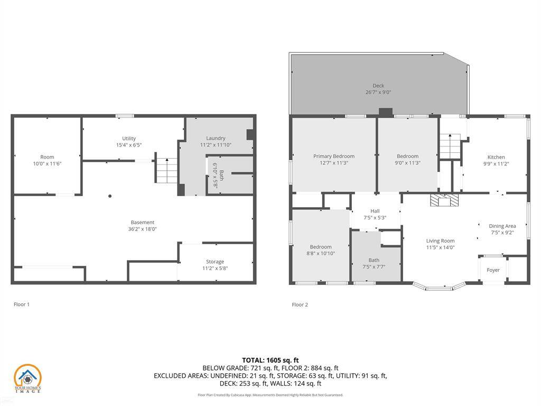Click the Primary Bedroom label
(333, 156)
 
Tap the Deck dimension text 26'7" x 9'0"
(378, 92)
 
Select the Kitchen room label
(496, 157)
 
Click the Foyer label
(493, 270)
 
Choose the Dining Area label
(502, 226)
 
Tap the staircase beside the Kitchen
(450, 146)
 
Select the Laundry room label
(216, 138)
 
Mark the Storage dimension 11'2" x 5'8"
(215, 268)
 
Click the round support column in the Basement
(110, 196)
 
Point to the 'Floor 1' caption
(22, 304)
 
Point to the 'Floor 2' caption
(300, 304)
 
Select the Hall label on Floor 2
(375, 211)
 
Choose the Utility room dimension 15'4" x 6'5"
(129, 145)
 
